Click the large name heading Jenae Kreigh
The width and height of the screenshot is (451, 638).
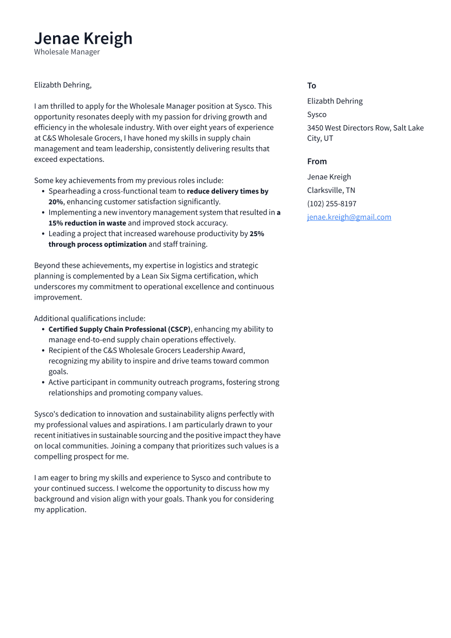pyautogui.click(x=83, y=38)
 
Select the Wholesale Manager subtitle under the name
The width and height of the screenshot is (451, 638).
pyautogui.click(x=67, y=52)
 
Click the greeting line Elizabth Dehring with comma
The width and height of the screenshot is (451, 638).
pyautogui.click(x=63, y=85)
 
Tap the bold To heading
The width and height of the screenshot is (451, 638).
pyautogui.click(x=311, y=86)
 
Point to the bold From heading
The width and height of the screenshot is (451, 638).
pyautogui.click(x=317, y=161)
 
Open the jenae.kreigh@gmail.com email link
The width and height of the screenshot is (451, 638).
pyautogui.click(x=349, y=217)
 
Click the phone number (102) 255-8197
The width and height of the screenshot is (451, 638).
pyautogui.click(x=331, y=204)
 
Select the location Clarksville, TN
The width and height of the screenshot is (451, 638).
pyautogui.click(x=331, y=190)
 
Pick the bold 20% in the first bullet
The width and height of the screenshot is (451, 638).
pyautogui.click(x=56, y=202)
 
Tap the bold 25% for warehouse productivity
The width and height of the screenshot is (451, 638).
pyautogui.click(x=257, y=234)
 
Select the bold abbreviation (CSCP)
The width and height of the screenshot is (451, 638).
pyautogui.click(x=179, y=329)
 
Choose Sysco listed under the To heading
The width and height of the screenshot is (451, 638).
pyautogui.click(x=317, y=114)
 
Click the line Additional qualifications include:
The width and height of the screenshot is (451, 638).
pyautogui.click(x=89, y=318)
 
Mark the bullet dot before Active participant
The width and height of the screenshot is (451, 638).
pyautogui.click(x=43, y=382)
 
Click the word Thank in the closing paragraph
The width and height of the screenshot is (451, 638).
pyautogui.click(x=197, y=499)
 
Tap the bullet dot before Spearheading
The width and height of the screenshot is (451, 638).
pyautogui.click(x=43, y=191)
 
